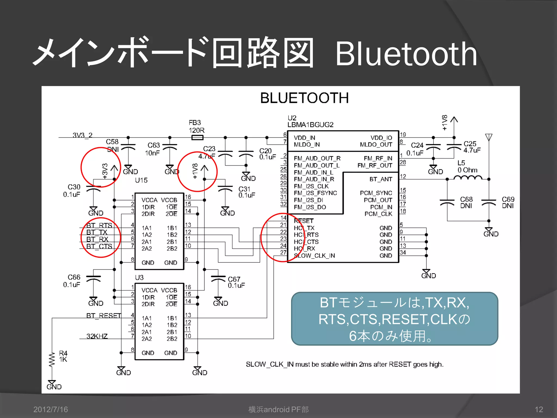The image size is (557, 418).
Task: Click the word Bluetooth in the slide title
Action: tap(406, 54)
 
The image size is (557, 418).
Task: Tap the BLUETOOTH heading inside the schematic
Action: tap(304, 98)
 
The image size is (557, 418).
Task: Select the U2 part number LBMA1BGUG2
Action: tap(310, 125)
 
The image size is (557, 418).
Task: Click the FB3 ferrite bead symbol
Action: tap(197, 138)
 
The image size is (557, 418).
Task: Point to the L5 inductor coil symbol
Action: tap(468, 178)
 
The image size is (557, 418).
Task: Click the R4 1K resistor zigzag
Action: tap(52, 360)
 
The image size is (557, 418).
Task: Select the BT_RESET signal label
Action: tap(104, 316)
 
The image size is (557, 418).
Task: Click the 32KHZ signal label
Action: tap(97, 336)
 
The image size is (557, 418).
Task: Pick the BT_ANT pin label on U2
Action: tap(380, 179)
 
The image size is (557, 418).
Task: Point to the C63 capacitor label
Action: tap(154, 145)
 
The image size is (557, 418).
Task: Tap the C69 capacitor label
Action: tap(508, 199)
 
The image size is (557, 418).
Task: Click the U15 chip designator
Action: tap(141, 180)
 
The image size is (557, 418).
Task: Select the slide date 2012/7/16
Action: tap(51, 409)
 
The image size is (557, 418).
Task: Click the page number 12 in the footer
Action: tap(539, 409)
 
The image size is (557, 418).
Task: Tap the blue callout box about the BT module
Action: tap(394, 319)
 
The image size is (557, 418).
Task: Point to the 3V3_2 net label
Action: tap(82, 135)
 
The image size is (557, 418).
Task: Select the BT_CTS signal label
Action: tap(99, 247)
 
